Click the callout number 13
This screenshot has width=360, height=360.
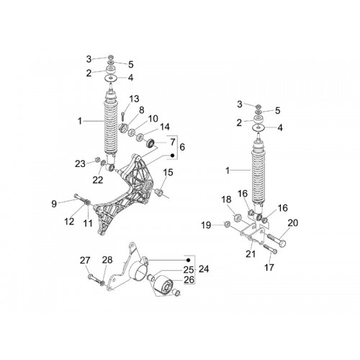(134, 99)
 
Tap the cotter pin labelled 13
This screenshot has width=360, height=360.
(123, 116)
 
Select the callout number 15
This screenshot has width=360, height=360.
(168, 172)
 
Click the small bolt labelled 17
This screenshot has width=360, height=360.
(271, 248)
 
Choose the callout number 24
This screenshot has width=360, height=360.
(204, 269)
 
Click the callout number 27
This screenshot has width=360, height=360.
(85, 261)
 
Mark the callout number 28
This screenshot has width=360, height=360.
(107, 260)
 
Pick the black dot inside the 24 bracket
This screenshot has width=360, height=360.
(189, 260)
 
